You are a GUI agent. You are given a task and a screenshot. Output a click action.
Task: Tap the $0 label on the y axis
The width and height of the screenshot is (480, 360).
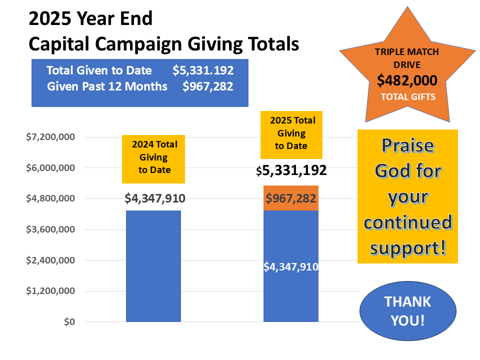(x=69, y=322)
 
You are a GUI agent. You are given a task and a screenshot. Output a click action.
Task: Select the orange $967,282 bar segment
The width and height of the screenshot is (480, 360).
(x=290, y=198)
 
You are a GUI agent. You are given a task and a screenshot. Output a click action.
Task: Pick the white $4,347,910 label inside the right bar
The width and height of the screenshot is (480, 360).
(x=290, y=266)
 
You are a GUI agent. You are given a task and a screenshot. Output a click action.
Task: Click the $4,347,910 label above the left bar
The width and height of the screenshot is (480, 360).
(x=155, y=198)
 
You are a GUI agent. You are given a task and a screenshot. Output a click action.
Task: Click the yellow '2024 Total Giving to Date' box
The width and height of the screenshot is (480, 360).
(x=154, y=157)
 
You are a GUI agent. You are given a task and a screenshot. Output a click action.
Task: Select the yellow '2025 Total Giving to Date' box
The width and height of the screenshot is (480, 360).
(x=291, y=133)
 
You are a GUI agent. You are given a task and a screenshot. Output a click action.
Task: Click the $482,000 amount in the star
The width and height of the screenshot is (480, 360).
(x=407, y=80)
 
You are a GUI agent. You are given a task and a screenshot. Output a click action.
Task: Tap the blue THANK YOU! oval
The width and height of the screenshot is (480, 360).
(x=408, y=310)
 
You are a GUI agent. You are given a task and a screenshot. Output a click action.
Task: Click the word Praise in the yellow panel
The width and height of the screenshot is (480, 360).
(x=407, y=145)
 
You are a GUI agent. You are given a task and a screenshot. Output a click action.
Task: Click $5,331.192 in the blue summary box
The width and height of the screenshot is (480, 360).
(x=203, y=70)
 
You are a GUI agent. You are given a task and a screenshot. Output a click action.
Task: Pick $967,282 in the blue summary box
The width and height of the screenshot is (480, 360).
(x=208, y=86)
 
